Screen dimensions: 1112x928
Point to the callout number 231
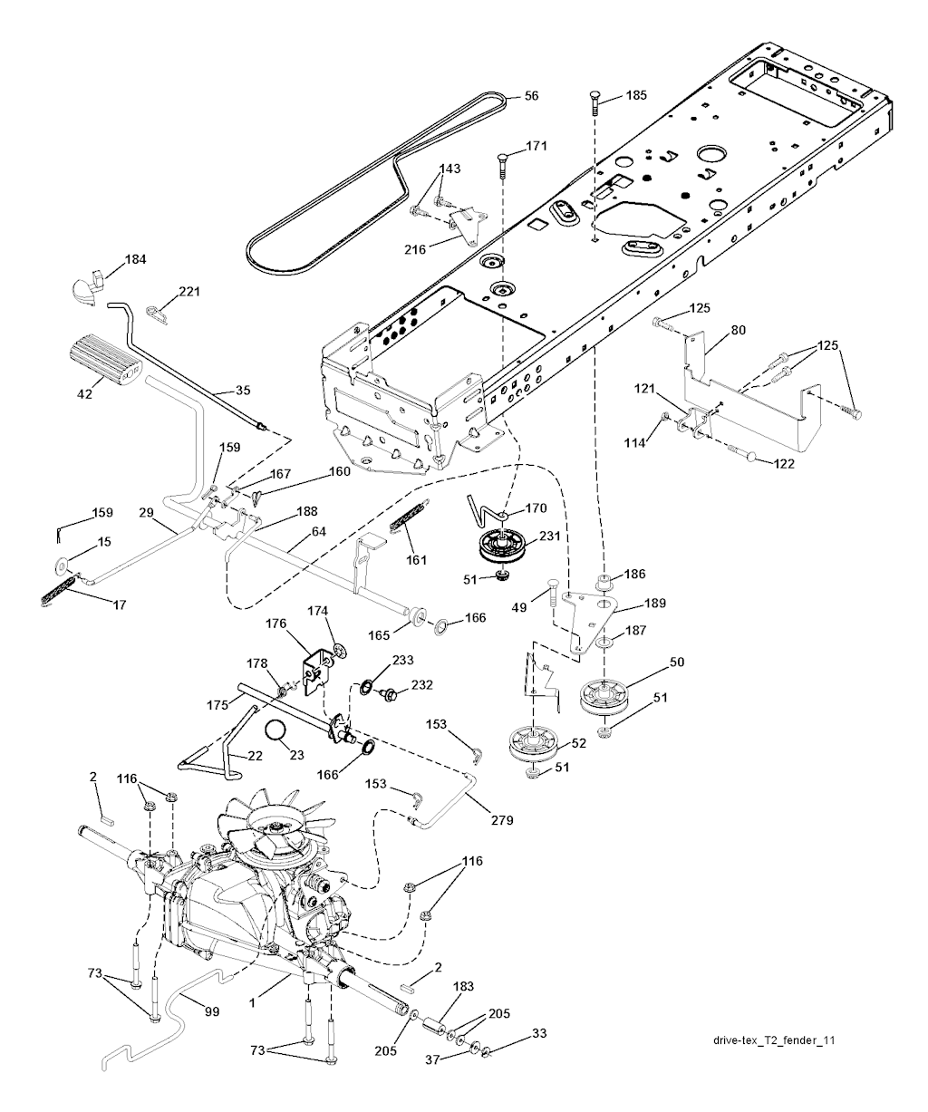550,536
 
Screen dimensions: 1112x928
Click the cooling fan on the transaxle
270,827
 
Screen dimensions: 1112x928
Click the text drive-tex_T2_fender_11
773,1040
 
